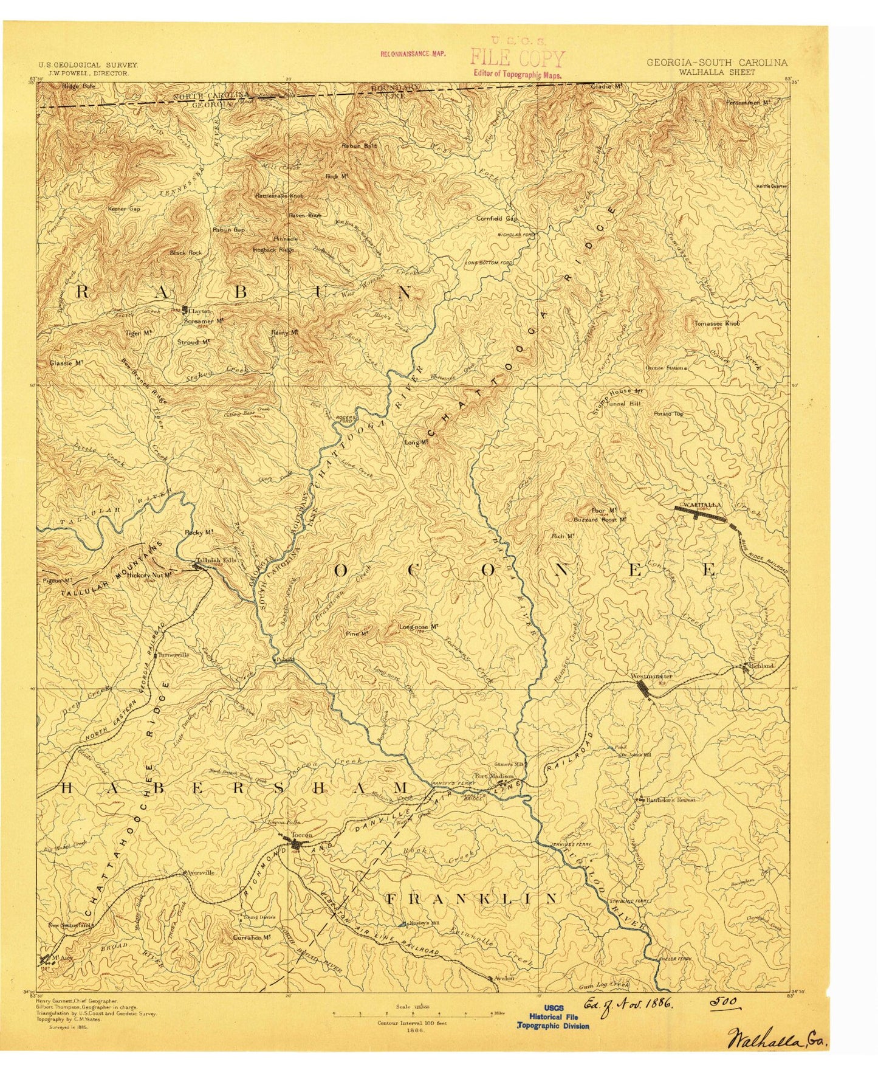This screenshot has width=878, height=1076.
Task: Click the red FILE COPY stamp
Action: [x=517, y=59]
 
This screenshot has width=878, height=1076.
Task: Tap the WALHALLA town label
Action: [x=702, y=505]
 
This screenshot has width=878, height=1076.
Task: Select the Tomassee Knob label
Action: [x=717, y=324]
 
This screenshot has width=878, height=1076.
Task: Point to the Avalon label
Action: [x=504, y=978]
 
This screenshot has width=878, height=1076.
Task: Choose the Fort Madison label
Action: [x=494, y=776]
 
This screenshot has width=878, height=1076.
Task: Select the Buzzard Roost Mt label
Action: [x=599, y=520]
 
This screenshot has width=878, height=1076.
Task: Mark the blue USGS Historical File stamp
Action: [x=552, y=1016]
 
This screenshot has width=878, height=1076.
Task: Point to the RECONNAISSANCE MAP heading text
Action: [x=413, y=54]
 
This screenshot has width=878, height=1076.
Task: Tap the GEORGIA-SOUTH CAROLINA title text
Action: [x=717, y=62]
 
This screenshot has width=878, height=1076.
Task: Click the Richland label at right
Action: [x=760, y=666]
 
